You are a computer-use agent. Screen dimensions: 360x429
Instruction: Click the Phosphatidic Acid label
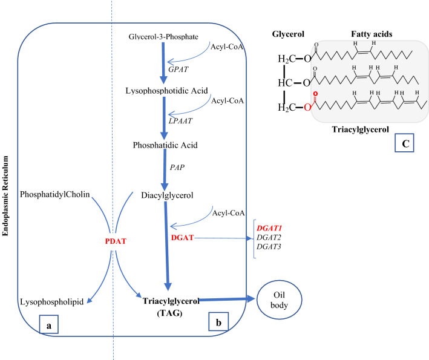pos(165,145)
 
